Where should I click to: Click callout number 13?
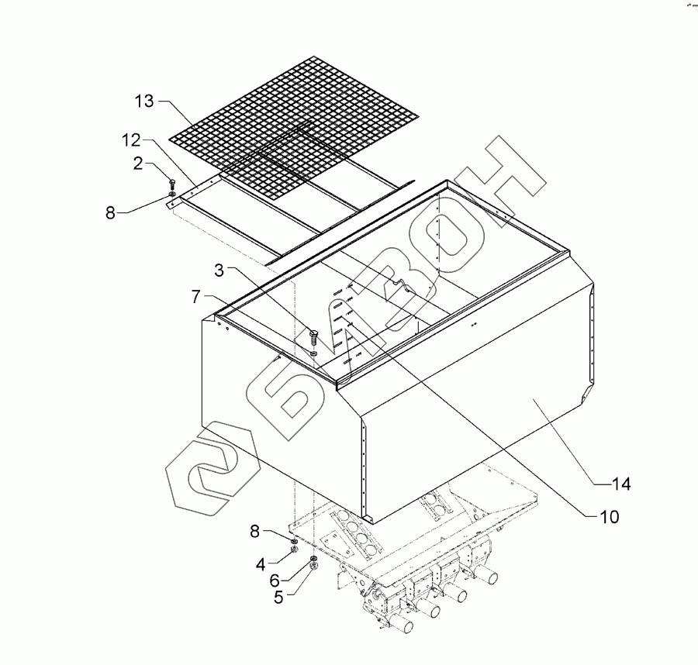144,101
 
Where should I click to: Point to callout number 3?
219,270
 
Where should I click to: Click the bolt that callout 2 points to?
171,184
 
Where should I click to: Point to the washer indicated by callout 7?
313,353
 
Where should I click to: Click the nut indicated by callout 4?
295,549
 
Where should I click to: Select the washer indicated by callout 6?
313,559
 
